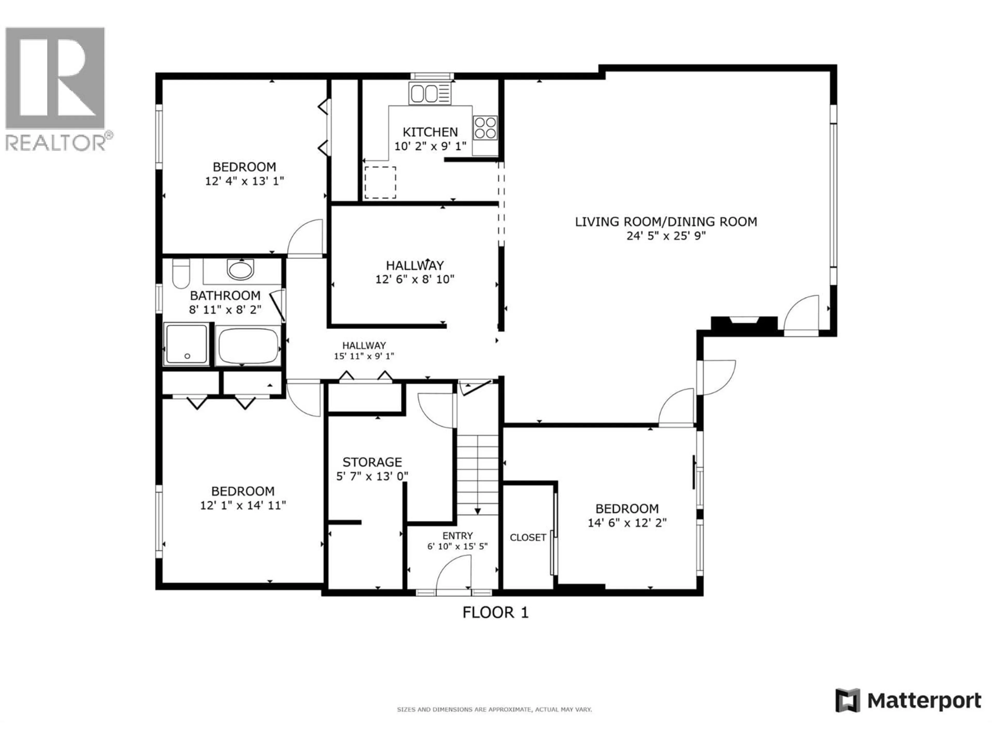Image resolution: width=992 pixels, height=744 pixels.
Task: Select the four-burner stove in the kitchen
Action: (x=485, y=128)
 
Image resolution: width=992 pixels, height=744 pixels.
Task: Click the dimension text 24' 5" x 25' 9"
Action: (x=666, y=236)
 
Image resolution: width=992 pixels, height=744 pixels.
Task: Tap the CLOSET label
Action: (x=528, y=537)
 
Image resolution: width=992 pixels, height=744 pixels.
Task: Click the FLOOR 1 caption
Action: (x=495, y=613)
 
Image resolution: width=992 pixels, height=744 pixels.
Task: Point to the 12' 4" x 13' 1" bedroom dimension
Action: (x=244, y=181)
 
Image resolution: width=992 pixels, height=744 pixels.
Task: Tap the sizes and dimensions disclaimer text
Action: (x=494, y=709)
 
